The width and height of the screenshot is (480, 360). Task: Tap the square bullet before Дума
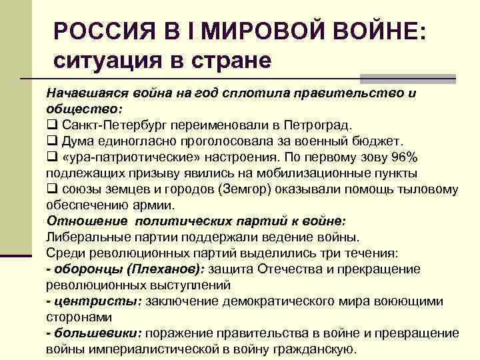tap(51, 141)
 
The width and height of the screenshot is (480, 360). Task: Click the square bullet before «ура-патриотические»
tap(51, 157)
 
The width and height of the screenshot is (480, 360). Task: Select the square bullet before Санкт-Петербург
tap(51, 125)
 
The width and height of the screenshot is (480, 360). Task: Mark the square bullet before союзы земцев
tap(51, 189)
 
